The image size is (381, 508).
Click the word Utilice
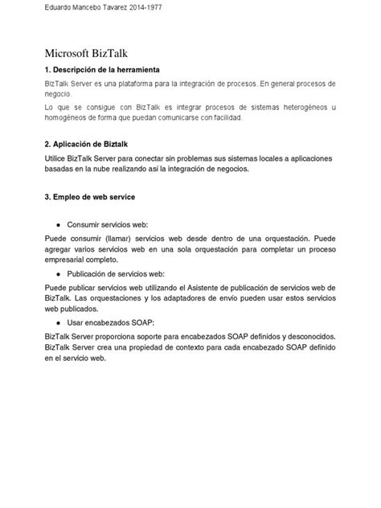point(57,158)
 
